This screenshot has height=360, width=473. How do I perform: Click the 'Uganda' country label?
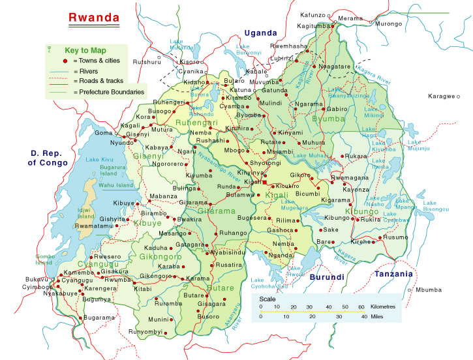(261, 33)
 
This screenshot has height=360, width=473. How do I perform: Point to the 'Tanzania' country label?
(393, 275)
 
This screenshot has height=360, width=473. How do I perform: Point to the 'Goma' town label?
(104, 133)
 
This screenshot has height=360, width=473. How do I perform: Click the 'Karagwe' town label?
(441, 97)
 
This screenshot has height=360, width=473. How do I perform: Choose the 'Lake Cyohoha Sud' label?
(269, 283)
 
